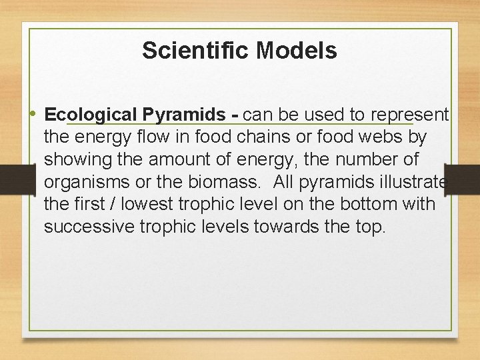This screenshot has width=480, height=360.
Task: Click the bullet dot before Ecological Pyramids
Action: pyautogui.click(x=34, y=115)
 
